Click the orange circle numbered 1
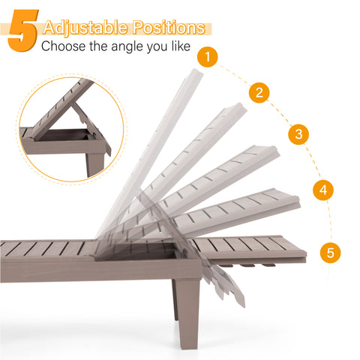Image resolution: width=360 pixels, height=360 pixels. coord(208,57)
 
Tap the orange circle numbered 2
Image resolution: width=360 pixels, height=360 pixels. coord(259,92)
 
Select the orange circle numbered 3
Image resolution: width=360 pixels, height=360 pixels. coord(298,134)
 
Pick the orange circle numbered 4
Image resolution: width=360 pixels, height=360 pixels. coord(323,190)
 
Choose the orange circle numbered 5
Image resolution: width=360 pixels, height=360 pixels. coord(330,253)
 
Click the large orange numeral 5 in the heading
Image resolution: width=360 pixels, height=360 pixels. coord(23,31)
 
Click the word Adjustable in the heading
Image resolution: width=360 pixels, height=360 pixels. coord(85,28)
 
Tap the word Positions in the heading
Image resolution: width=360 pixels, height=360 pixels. coord(169,28)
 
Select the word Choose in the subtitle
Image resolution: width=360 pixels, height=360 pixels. coord(64,46)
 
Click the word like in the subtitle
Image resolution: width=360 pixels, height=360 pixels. coord(181,46)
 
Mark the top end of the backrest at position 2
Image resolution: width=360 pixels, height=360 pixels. coord(238,108)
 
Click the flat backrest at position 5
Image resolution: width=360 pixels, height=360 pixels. coord(250,247)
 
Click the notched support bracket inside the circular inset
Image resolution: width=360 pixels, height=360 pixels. coord(85,118)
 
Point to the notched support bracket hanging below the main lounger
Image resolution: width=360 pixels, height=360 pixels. coord(223,283)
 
